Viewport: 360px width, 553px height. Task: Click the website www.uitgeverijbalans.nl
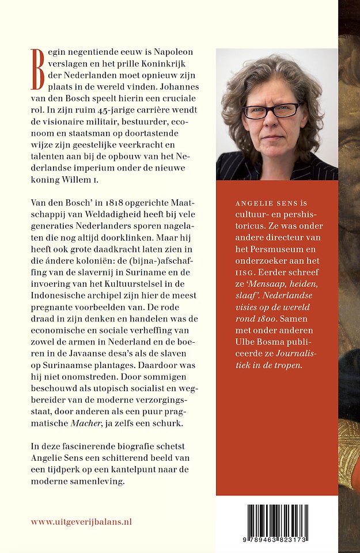(81, 521)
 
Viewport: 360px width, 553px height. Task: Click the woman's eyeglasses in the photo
(271, 110)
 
